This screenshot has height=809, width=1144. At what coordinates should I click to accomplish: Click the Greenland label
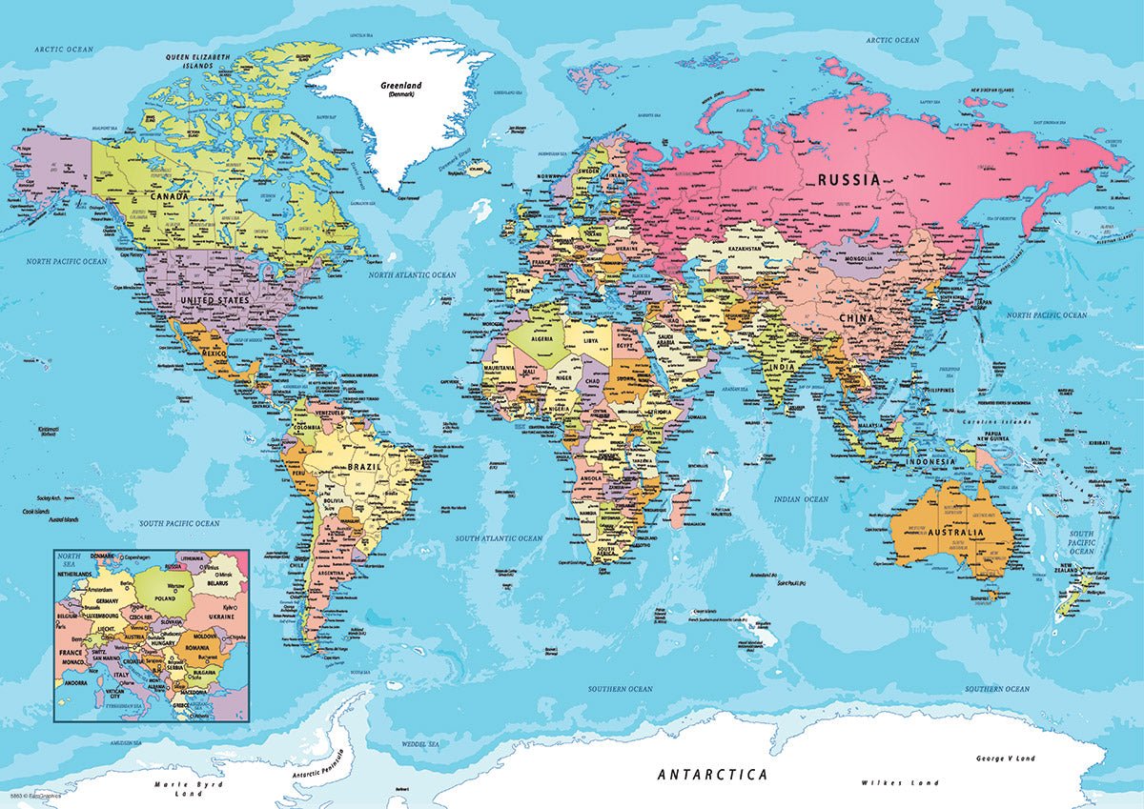pyautogui.click(x=400, y=86)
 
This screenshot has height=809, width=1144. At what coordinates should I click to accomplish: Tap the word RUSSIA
pyautogui.click(x=848, y=178)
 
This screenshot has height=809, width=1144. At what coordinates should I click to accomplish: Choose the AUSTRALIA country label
pyautogui.click(x=950, y=533)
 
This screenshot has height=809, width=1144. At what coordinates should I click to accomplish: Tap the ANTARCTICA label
pyautogui.click(x=712, y=774)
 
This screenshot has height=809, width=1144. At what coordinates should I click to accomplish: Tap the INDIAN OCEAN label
pyautogui.click(x=802, y=499)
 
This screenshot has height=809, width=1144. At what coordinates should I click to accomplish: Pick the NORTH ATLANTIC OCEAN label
pyautogui.click(x=413, y=274)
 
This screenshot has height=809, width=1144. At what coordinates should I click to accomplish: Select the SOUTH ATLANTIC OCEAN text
pyautogui.click(x=498, y=538)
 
